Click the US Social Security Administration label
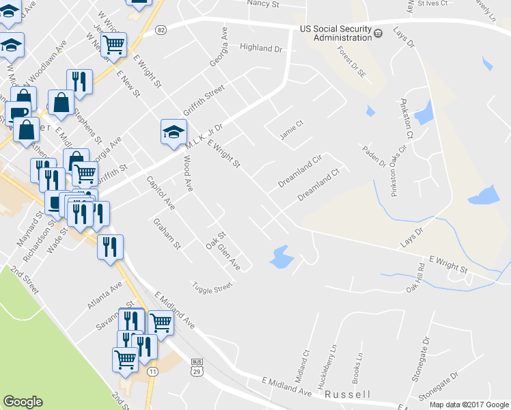pos(335,33)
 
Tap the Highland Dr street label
pos(261,49)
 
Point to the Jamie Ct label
pos(291,130)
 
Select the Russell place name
pos(348,394)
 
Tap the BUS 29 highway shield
pos(197,368)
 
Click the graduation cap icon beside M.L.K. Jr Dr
pos(174,131)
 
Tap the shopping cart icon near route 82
pos(114,44)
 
